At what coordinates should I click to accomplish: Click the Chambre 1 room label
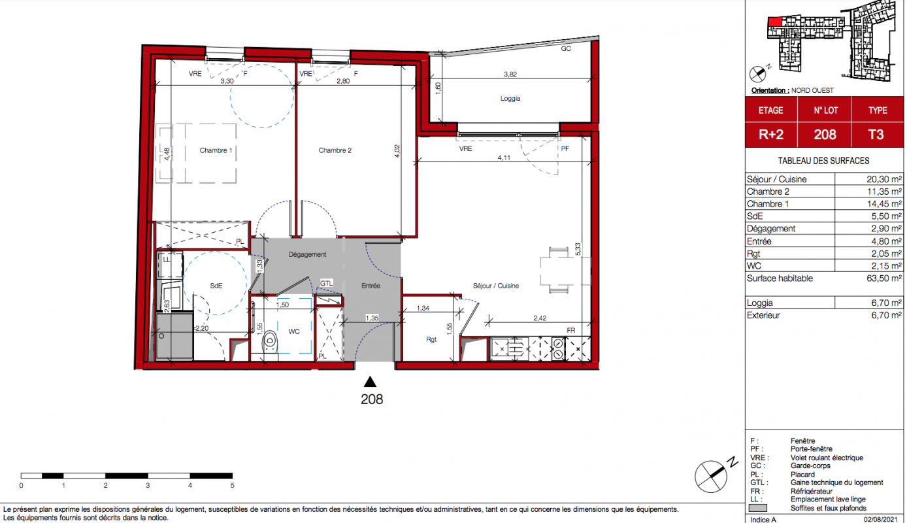(x=216, y=150)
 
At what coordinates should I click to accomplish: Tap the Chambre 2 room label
(x=335, y=150)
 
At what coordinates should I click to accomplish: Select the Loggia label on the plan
(x=510, y=99)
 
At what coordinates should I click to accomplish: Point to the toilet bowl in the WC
(x=270, y=343)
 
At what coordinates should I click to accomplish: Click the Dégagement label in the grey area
(x=307, y=254)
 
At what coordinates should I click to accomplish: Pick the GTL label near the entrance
(x=326, y=283)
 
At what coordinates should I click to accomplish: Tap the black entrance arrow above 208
(x=370, y=382)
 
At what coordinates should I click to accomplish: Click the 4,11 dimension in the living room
(x=504, y=158)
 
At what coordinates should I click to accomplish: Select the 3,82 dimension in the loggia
(x=510, y=74)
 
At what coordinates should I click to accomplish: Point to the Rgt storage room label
(x=431, y=339)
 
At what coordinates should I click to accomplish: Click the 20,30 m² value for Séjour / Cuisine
(x=884, y=179)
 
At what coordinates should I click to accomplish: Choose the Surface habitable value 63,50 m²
(x=884, y=278)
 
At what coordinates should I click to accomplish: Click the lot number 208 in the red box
(x=825, y=134)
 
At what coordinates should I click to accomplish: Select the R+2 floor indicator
(x=771, y=134)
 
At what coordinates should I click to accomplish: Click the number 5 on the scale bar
(x=232, y=485)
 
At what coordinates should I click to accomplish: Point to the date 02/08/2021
(x=880, y=519)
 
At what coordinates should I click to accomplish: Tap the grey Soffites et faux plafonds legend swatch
(x=757, y=508)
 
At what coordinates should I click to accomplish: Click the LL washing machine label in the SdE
(x=167, y=260)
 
